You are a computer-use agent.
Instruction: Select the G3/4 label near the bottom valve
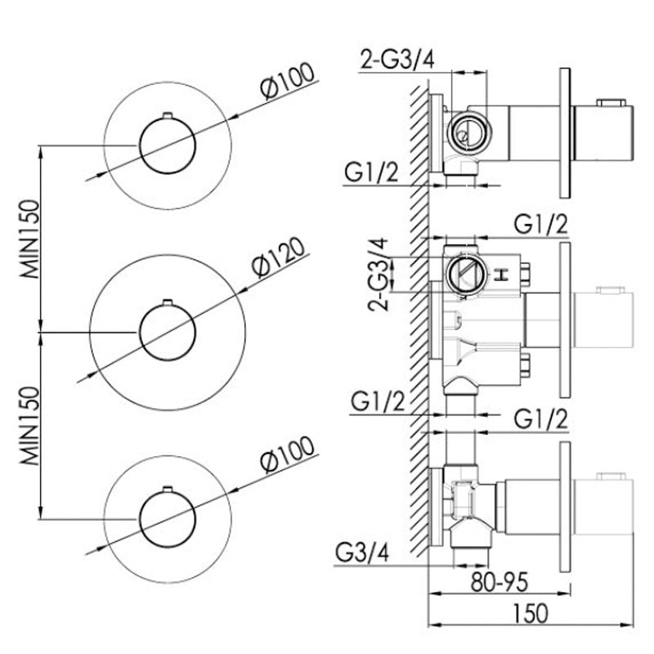361,553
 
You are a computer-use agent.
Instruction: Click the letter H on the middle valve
502,274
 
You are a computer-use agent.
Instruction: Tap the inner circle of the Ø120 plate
168,332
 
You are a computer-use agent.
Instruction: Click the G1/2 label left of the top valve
371,173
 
